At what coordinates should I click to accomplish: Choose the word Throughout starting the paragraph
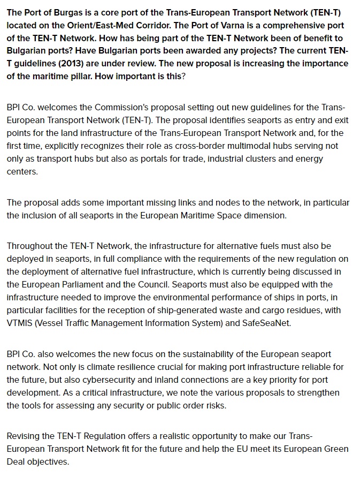(29, 246)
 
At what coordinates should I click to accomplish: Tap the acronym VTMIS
(20, 323)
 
